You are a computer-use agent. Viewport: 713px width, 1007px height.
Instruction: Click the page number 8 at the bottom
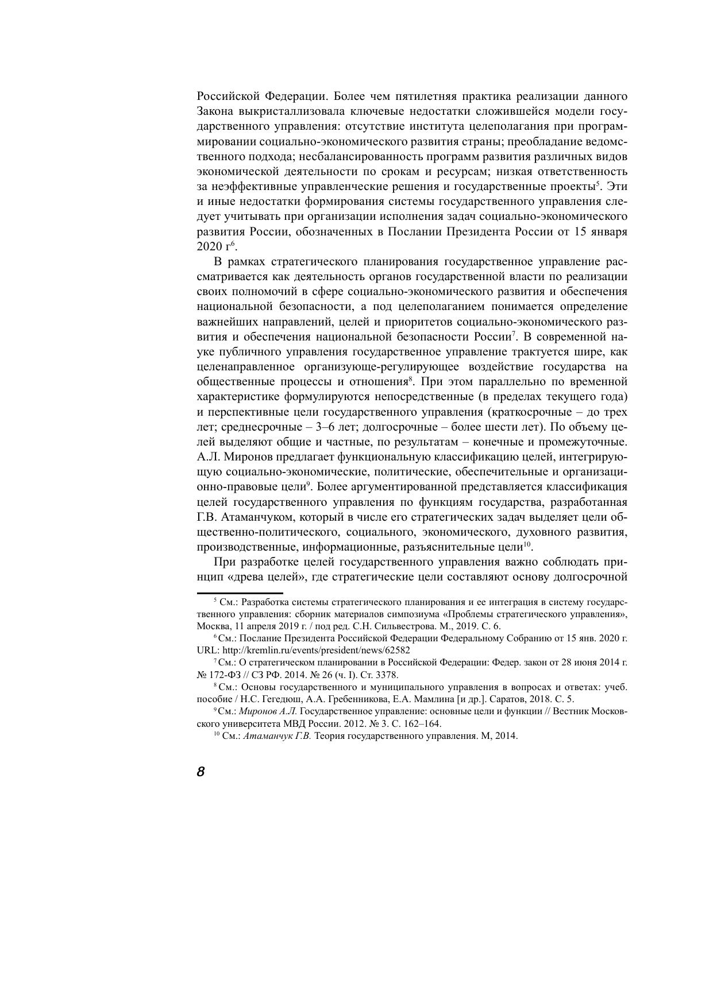[x=201, y=772]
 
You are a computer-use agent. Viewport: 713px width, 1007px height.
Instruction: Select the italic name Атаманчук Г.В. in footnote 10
[x=277, y=737]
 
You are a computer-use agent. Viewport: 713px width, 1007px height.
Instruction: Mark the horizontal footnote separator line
[x=240, y=593]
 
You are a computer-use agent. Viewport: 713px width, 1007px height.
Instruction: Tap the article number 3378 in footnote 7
[x=386, y=675]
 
